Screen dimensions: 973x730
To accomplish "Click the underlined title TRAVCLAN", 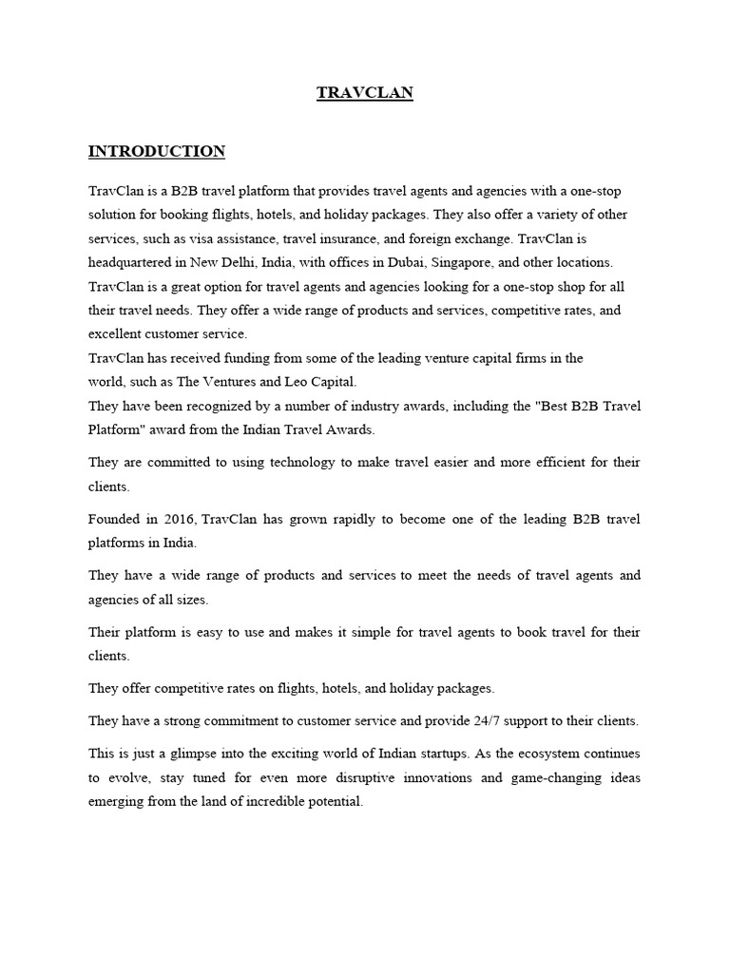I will tap(365, 93).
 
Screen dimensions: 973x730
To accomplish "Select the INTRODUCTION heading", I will tap(157, 151).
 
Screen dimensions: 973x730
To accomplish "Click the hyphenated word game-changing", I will tap(561, 777).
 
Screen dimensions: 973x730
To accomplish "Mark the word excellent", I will tap(118, 334).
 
